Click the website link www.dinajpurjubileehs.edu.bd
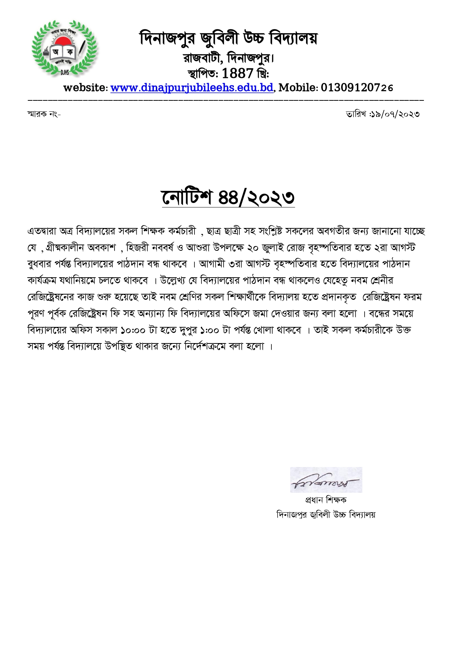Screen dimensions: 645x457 coord(191,88)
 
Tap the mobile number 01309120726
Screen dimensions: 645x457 coord(357,88)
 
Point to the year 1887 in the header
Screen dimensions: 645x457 coord(238,74)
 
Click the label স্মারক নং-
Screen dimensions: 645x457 coord(44,114)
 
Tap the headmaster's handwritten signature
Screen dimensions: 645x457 coord(326,480)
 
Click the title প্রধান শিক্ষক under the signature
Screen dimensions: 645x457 coord(326,500)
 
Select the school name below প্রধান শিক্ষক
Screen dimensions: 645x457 coord(326,514)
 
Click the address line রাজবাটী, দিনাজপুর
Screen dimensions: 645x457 coord(228,58)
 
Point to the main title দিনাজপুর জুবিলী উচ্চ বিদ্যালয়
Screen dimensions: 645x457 coord(228,38)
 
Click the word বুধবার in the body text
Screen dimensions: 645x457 coord(40,264)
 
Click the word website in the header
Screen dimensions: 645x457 coord(85,88)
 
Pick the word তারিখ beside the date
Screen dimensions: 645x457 coord(355,114)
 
